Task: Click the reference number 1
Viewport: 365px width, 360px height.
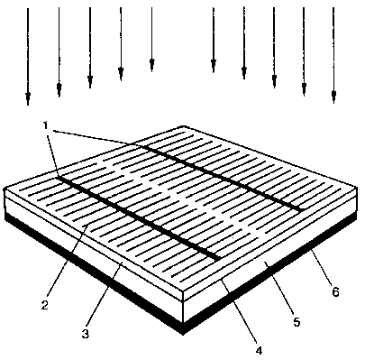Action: pyautogui.click(x=46, y=125)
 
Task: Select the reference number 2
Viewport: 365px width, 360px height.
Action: pyautogui.click(x=45, y=305)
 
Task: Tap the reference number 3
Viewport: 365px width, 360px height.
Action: pyautogui.click(x=86, y=333)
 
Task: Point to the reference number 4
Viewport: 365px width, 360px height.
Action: pyautogui.click(x=260, y=350)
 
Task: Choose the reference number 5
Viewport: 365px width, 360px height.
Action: pyautogui.click(x=297, y=321)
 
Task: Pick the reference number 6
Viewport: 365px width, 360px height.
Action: pyautogui.click(x=335, y=291)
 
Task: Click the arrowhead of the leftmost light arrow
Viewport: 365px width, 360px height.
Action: pyautogui.click(x=28, y=98)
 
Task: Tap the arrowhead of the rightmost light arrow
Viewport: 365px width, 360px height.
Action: pyautogui.click(x=333, y=97)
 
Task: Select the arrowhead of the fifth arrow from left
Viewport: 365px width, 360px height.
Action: pyautogui.click(x=151, y=65)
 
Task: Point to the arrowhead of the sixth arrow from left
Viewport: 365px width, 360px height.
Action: pyautogui.click(x=214, y=66)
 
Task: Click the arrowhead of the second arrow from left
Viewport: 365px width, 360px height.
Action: pyautogui.click(x=59, y=89)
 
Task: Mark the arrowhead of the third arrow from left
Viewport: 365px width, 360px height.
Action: pyautogui.click(x=90, y=81)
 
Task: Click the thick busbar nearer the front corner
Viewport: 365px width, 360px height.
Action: pyautogui.click(x=139, y=218)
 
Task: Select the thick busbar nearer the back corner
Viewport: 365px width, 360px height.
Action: pyautogui.click(x=223, y=178)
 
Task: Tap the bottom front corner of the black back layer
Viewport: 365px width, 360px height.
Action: pyautogui.click(x=183, y=333)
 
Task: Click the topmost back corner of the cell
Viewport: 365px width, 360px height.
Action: pyautogui.click(x=183, y=126)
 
